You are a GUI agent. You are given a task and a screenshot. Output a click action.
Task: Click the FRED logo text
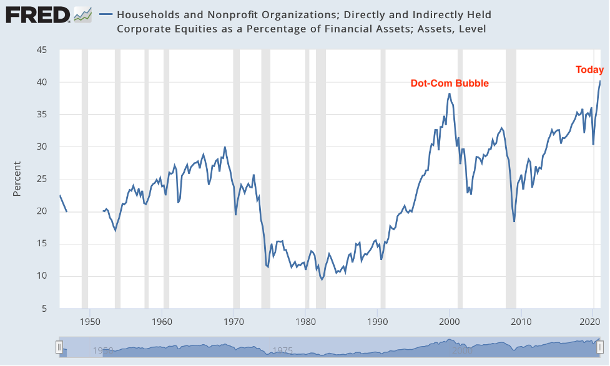37,14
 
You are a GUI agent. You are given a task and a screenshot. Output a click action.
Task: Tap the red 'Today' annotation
589,70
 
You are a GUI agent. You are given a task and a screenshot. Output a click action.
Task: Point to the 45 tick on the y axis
41,50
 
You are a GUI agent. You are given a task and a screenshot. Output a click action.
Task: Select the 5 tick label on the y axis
44,309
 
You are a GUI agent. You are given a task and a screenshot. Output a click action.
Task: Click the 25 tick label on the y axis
41,179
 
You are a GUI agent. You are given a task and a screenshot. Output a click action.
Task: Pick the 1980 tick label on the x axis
306,322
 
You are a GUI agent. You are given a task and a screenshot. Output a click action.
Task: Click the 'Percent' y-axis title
17,179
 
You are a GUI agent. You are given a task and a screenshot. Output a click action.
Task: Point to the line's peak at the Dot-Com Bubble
450,94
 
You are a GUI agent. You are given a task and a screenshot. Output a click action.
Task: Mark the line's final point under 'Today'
600,81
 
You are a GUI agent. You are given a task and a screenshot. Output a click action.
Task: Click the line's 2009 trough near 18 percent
514,221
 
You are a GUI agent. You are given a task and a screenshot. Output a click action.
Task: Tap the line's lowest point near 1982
322,279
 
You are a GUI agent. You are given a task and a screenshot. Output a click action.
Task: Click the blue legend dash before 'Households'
106,14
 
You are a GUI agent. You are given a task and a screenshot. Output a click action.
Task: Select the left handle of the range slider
59,348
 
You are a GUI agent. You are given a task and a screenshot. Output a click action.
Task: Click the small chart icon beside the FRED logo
82,14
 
